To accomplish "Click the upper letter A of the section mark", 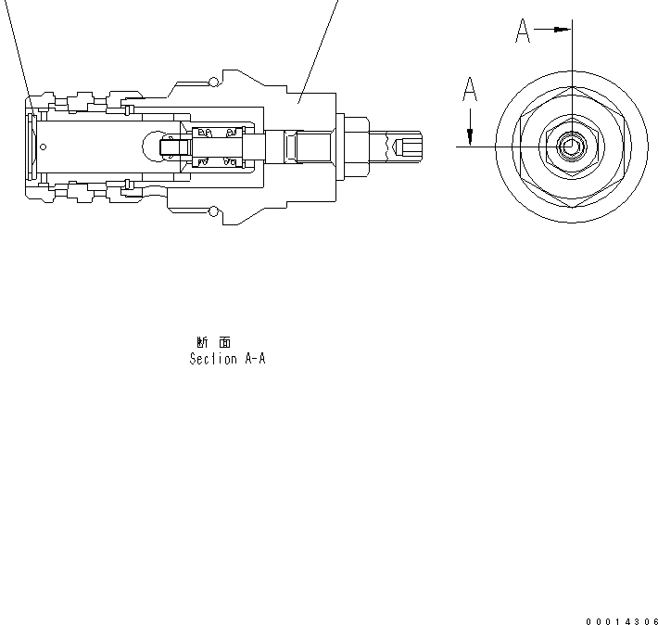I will point(523,32).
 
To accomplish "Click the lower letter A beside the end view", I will point(470,91).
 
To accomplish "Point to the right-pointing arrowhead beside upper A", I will point(561,30).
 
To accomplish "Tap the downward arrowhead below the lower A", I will point(470,138).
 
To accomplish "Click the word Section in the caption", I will point(214,359).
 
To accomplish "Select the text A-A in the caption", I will point(255,359).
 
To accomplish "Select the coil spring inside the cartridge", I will point(217,147).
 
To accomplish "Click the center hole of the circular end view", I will point(571,146).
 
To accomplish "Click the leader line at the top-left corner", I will point(19,46).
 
